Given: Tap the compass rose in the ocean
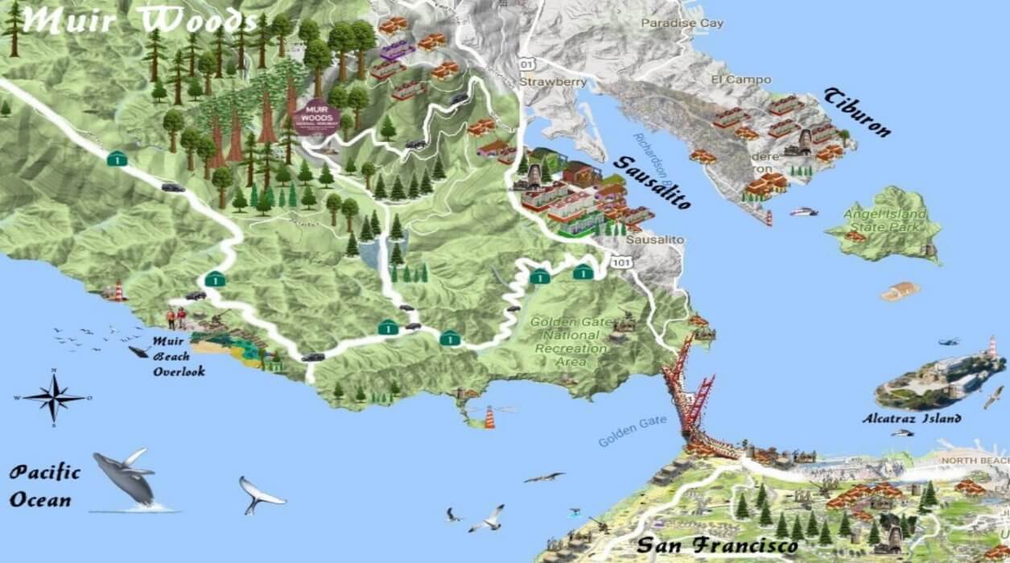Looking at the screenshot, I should (x=54, y=397).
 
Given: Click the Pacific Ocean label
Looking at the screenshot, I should (x=45, y=486).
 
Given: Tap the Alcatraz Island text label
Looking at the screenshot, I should (x=911, y=419).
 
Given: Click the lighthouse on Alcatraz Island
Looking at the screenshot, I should (x=992, y=346).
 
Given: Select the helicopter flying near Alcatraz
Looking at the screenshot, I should (x=949, y=342).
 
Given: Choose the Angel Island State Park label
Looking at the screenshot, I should (x=885, y=221).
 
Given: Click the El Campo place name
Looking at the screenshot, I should (x=740, y=80).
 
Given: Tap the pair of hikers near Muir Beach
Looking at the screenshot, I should (x=175, y=319).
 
